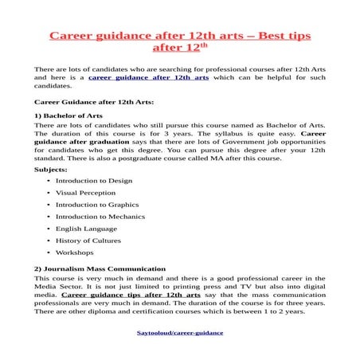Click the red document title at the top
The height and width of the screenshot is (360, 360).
point(180,37)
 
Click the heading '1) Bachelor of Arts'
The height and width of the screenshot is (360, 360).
point(68,116)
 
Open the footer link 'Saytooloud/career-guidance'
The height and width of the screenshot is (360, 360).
point(179,332)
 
